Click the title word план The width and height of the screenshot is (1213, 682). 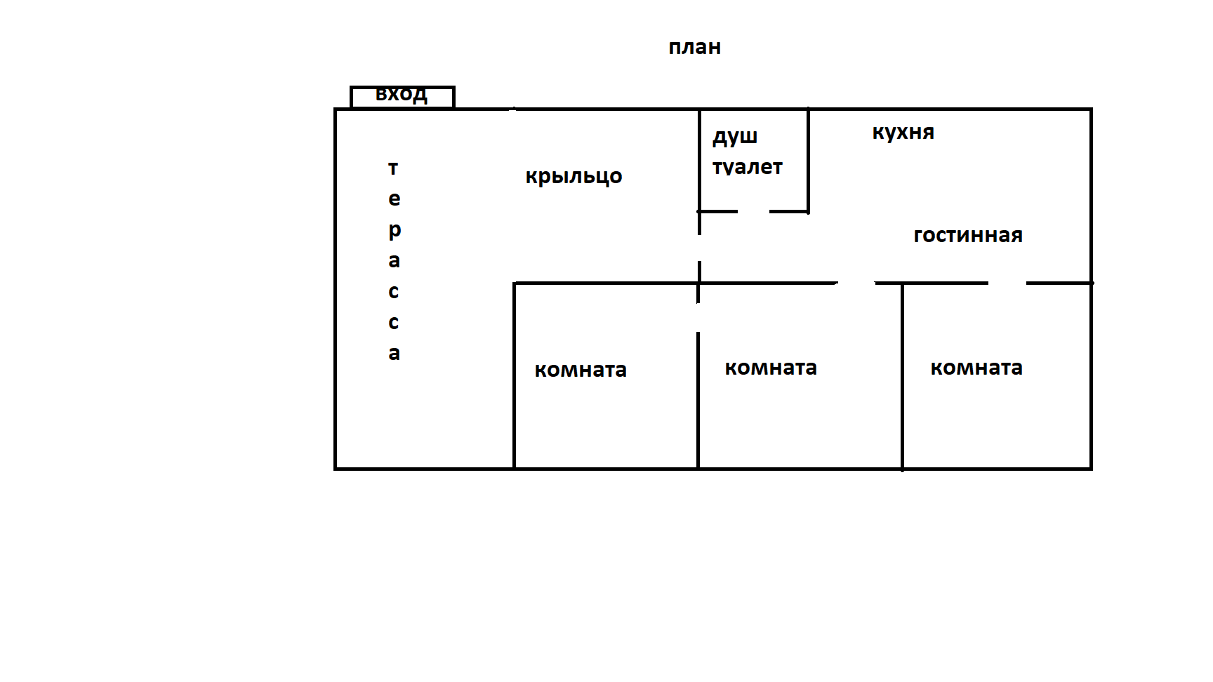[x=694, y=48]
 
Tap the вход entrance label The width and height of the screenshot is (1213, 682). [x=402, y=94]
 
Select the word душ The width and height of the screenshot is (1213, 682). [x=735, y=136]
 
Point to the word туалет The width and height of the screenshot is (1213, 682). [x=747, y=168]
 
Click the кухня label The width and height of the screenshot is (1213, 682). [x=903, y=133]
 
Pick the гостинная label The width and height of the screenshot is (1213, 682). [x=967, y=235]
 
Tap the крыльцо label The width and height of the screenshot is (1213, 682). [x=574, y=176]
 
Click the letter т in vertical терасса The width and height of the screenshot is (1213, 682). [x=393, y=168]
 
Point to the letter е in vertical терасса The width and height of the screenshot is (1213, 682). [x=394, y=199]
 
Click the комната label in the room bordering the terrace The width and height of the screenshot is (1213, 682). [x=581, y=370]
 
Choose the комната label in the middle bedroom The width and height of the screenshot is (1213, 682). [x=771, y=368]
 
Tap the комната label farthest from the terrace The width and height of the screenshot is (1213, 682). [x=976, y=368]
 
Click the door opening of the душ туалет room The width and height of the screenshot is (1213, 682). [x=753, y=211]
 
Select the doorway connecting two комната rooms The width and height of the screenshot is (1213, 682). [x=698, y=318]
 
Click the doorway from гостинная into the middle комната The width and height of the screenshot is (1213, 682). [x=856, y=283]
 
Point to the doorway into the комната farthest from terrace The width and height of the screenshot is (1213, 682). [x=1007, y=283]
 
